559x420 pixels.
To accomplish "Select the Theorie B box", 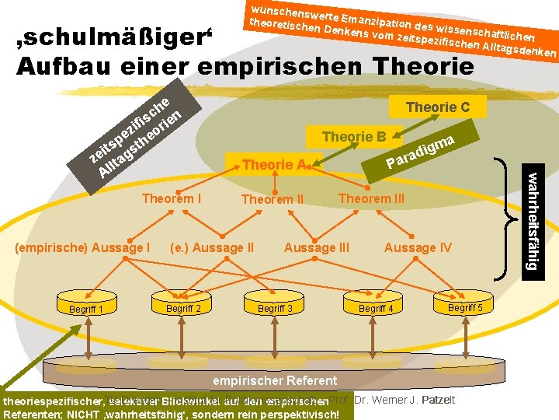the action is [x=354, y=137].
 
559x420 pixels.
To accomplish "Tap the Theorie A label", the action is [x=273, y=165].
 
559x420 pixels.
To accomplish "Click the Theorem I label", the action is [x=172, y=198].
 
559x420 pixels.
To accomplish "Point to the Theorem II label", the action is [x=273, y=200].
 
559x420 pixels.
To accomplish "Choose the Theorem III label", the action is [x=371, y=198].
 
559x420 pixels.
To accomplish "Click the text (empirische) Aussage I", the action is [x=83, y=247].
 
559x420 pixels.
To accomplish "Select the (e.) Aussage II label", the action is [x=211, y=247].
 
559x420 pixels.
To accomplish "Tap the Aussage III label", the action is [x=317, y=247].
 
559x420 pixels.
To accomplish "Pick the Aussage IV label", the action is [x=418, y=247].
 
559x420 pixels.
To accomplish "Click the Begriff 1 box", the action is [x=86, y=310].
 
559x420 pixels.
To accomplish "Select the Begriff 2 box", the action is [x=184, y=308].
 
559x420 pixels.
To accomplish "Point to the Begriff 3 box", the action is [x=275, y=308].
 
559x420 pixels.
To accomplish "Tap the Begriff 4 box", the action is [x=376, y=308].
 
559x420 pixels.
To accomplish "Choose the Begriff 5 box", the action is [x=465, y=307].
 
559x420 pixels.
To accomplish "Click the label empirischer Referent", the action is [x=275, y=380].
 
